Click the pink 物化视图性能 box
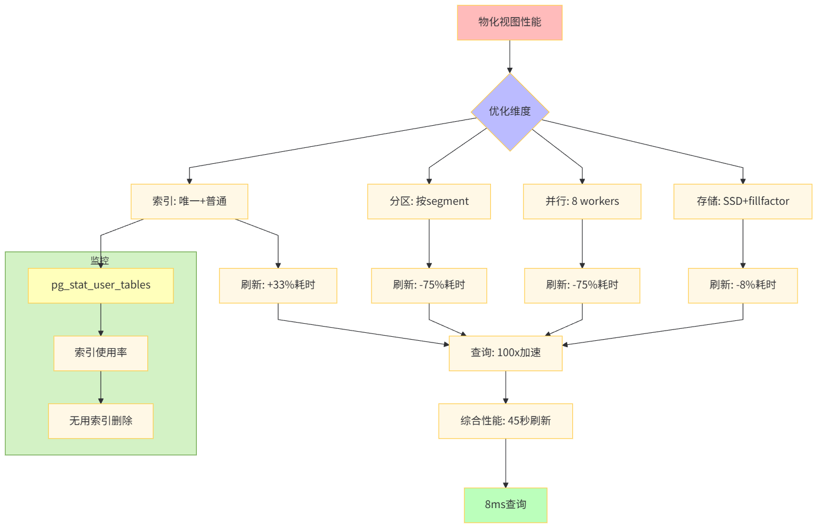click(x=509, y=23)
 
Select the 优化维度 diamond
click(x=509, y=112)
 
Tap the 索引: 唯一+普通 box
click(x=189, y=201)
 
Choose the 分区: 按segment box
click(x=429, y=201)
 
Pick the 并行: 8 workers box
click(x=582, y=201)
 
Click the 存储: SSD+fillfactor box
click(x=742, y=201)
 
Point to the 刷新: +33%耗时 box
click(x=278, y=285)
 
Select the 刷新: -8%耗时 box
click(x=742, y=285)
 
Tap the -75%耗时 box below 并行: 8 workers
click(x=582, y=285)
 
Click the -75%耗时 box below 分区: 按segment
click(x=429, y=285)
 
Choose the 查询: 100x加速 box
click(x=505, y=353)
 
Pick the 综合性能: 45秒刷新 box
click(x=505, y=421)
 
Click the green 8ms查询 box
click(x=505, y=505)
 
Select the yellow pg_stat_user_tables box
click(x=101, y=285)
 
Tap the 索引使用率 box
click(x=101, y=353)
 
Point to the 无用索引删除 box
click(x=101, y=421)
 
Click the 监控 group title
click(x=100, y=260)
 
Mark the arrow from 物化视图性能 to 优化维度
click(x=509, y=56)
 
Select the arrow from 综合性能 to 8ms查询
click(x=505, y=463)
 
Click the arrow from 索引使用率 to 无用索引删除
click(x=101, y=387)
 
